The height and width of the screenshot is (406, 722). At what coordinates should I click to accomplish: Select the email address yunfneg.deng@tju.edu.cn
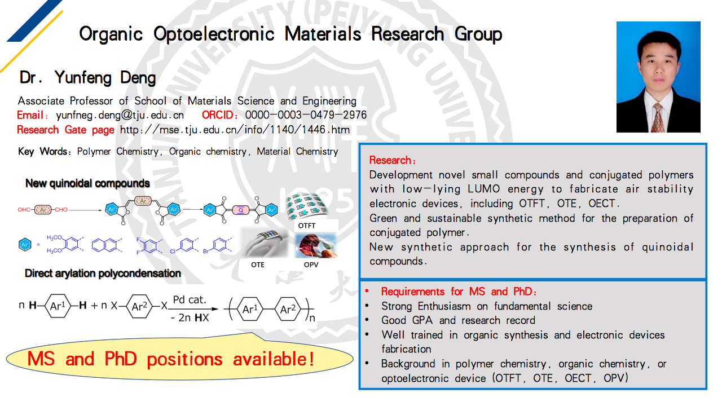coord(120,116)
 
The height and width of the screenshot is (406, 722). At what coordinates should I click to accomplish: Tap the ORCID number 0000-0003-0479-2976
coord(306,115)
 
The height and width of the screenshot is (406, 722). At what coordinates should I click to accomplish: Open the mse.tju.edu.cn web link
coord(235,130)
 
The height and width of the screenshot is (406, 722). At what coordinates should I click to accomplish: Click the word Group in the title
coord(478,35)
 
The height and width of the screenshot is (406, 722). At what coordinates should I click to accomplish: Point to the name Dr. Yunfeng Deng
coord(87,78)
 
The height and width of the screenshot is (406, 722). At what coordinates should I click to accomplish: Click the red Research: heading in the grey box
coord(392,160)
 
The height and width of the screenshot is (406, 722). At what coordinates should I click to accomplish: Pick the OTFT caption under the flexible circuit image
coord(306,226)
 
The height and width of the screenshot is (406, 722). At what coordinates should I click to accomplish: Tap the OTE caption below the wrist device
coord(258,265)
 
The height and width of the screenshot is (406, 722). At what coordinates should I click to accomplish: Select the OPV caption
coord(311,265)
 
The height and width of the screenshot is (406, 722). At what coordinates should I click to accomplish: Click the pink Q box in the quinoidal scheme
coord(240,210)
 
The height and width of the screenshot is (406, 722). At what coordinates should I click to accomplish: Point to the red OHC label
coord(24,210)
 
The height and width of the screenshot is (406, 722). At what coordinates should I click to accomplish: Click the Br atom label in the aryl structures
coord(206,251)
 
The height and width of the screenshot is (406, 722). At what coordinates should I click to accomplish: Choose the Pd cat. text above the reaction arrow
coord(189,299)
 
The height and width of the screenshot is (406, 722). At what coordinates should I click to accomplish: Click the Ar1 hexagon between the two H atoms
coord(58,306)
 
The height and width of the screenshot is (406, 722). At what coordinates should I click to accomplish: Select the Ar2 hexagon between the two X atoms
coord(139,306)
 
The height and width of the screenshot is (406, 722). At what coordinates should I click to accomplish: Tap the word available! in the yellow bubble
coord(274,359)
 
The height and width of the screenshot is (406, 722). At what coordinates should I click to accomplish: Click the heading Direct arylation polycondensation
coord(103,273)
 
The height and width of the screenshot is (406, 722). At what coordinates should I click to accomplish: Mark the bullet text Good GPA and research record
coord(458,320)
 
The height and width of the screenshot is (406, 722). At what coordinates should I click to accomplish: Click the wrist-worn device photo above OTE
coord(265,243)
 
